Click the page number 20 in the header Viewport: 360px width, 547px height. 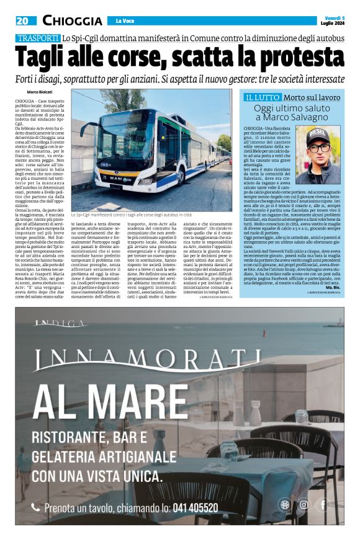[x=22, y=20]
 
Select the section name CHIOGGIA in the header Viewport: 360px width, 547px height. [x=73, y=20]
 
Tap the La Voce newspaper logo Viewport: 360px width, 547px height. [x=125, y=21]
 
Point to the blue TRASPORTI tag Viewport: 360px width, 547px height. [x=38, y=38]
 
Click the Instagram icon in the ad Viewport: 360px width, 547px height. [x=304, y=504]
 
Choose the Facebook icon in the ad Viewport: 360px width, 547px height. [x=323, y=504]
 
